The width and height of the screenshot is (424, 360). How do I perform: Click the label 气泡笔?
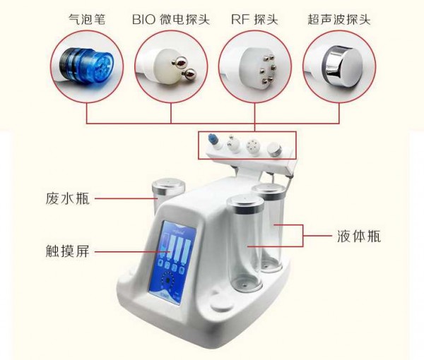pos(87,20)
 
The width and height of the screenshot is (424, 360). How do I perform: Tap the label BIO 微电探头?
pos(171,20)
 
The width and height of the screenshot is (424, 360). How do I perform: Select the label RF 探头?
pos(254,20)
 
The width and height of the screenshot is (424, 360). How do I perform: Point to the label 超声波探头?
pos(338,20)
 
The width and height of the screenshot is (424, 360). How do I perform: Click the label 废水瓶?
pos(68,198)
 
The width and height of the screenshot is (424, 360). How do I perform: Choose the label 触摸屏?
pos(68,251)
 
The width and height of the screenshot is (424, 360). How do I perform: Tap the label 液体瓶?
pos(359,236)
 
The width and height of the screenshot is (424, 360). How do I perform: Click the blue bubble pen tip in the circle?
pos(87,66)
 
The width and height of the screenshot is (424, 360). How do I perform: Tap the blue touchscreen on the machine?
pos(172,263)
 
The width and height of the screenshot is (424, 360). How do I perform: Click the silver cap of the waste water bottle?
pos(168,186)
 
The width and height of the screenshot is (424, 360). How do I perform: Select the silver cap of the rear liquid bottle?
pos(269,189)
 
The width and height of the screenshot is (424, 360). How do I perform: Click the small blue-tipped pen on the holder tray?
pos(213,141)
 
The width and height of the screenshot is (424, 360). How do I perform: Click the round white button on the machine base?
pos(222,305)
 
